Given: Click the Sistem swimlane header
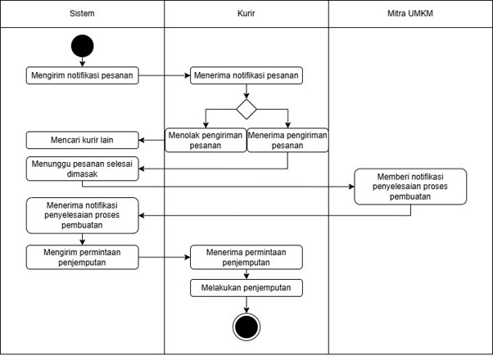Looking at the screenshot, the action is coord(82,14).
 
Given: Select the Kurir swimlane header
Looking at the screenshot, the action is coord(246,14).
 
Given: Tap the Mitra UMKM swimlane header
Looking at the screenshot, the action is coord(410,14).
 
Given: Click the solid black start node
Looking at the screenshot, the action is coord(83,46).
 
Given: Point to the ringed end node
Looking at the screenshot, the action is coord(246,326).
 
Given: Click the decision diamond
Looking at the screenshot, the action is coord(246,110).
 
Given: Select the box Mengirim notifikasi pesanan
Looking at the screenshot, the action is coord(83,75).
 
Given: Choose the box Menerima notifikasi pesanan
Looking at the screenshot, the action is coord(246,75).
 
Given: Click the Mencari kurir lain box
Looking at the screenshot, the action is coord(83,140).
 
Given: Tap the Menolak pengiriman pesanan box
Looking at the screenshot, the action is coord(206,140).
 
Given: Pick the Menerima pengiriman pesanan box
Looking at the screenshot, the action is coord(287,140).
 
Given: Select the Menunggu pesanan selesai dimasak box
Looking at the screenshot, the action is coord(83,169).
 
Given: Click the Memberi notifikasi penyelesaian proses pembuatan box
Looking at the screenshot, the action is coord(410,187).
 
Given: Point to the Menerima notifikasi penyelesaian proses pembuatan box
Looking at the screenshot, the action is coord(83,215).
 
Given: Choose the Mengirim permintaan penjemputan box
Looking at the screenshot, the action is coord(83,257).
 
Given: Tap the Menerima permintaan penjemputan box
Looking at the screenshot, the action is coord(246,257).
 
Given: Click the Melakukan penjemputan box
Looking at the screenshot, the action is coord(246,288).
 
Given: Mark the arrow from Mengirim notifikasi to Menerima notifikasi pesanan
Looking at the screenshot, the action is coord(165,75).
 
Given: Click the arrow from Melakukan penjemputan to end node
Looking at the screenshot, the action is coord(246,304).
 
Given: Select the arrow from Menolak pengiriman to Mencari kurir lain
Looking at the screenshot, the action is coord(152,140).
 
